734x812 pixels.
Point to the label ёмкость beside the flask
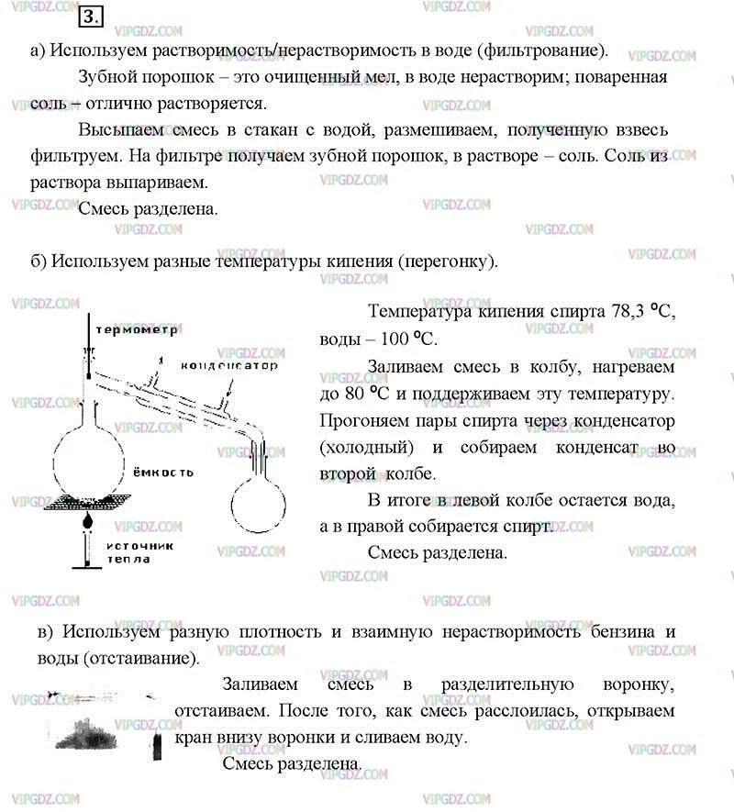click(161, 472)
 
